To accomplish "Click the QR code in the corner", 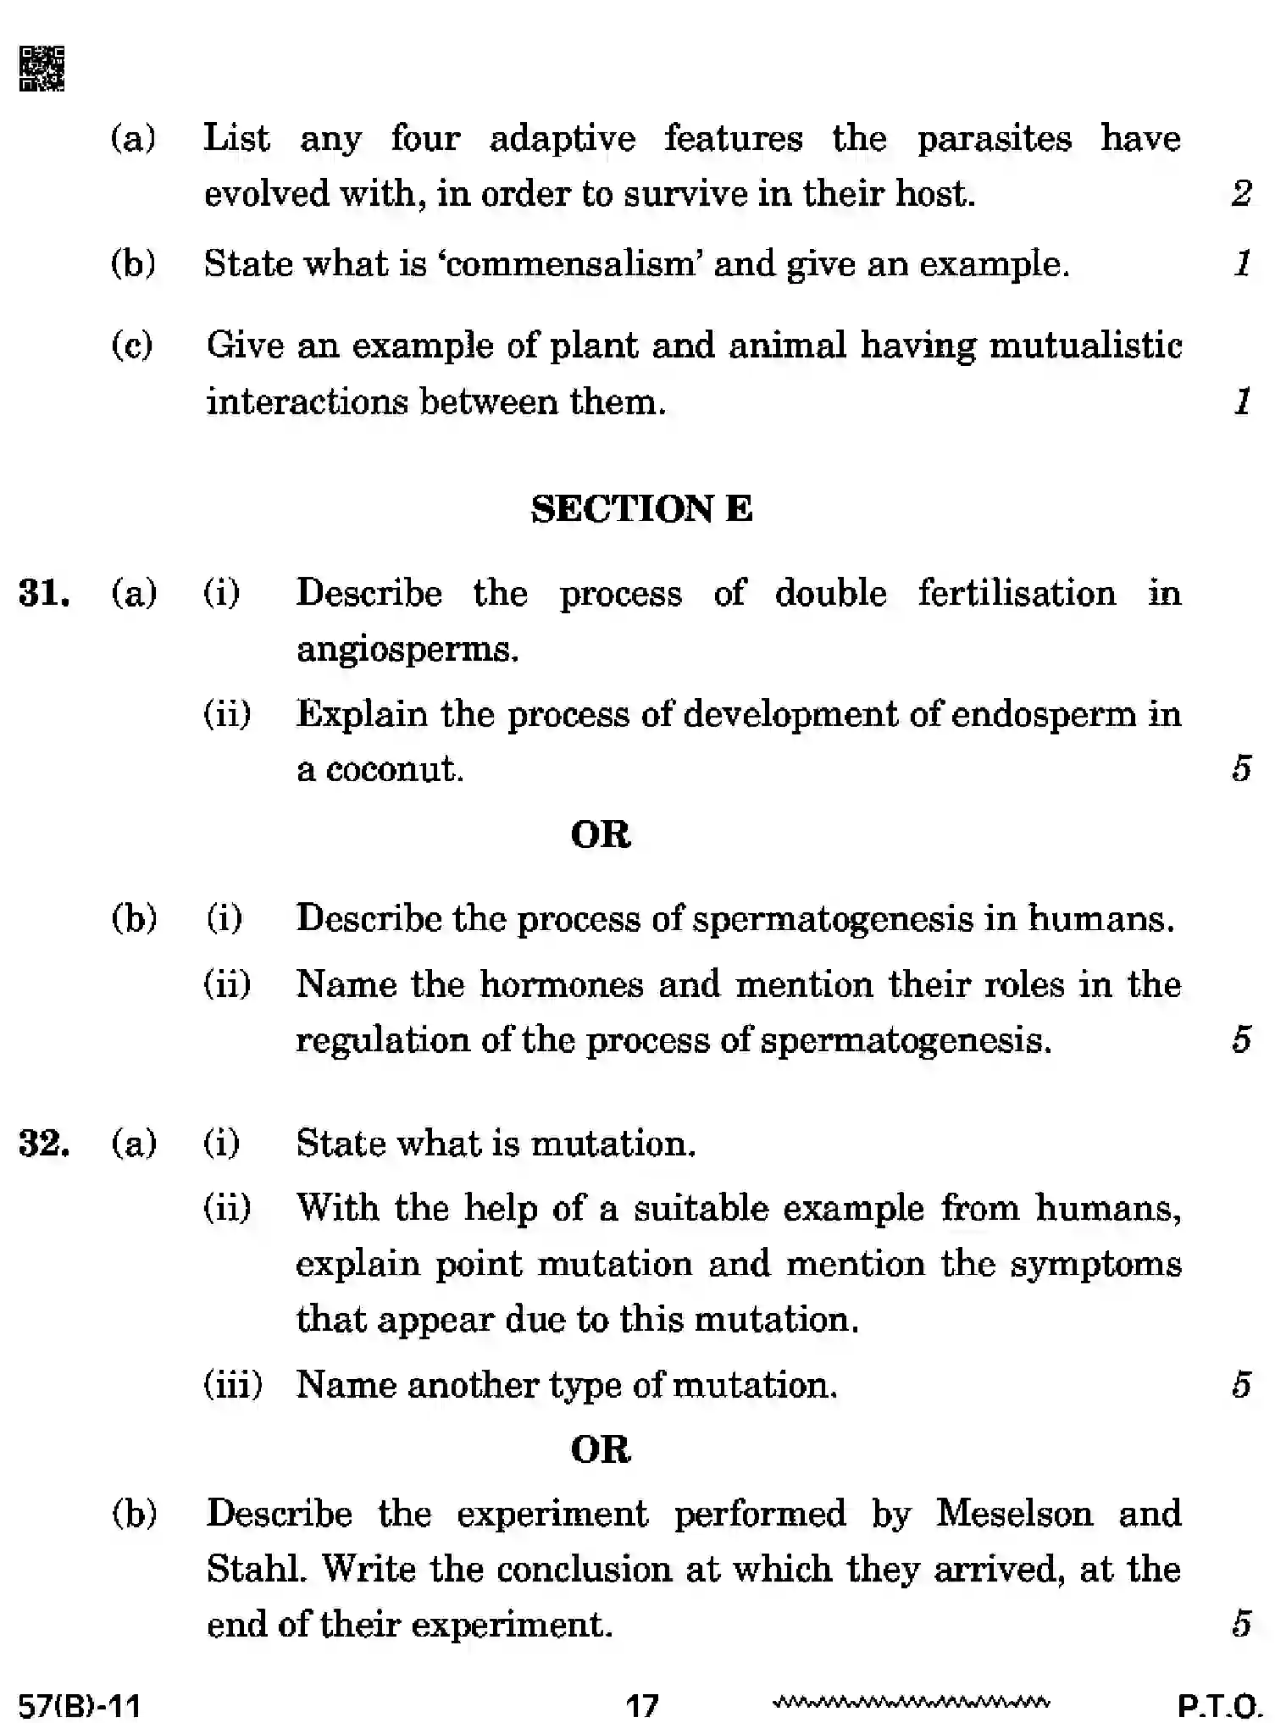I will tap(42, 69).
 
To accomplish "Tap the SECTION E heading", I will tap(641, 509).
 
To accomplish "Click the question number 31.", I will tap(44, 593).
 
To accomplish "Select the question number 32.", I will tap(44, 1144).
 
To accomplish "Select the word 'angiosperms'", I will tap(407, 650).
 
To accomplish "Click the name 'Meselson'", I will tap(1015, 1513).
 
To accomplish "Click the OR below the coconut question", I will tap(601, 834).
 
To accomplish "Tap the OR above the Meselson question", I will tap(601, 1449).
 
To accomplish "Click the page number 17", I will tap(641, 1704).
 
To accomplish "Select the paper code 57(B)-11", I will tap(80, 1704).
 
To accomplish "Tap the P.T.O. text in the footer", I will tap(1220, 1704).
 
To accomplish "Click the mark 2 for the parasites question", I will tap(1241, 194).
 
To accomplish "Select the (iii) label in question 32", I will tap(233, 1385).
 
